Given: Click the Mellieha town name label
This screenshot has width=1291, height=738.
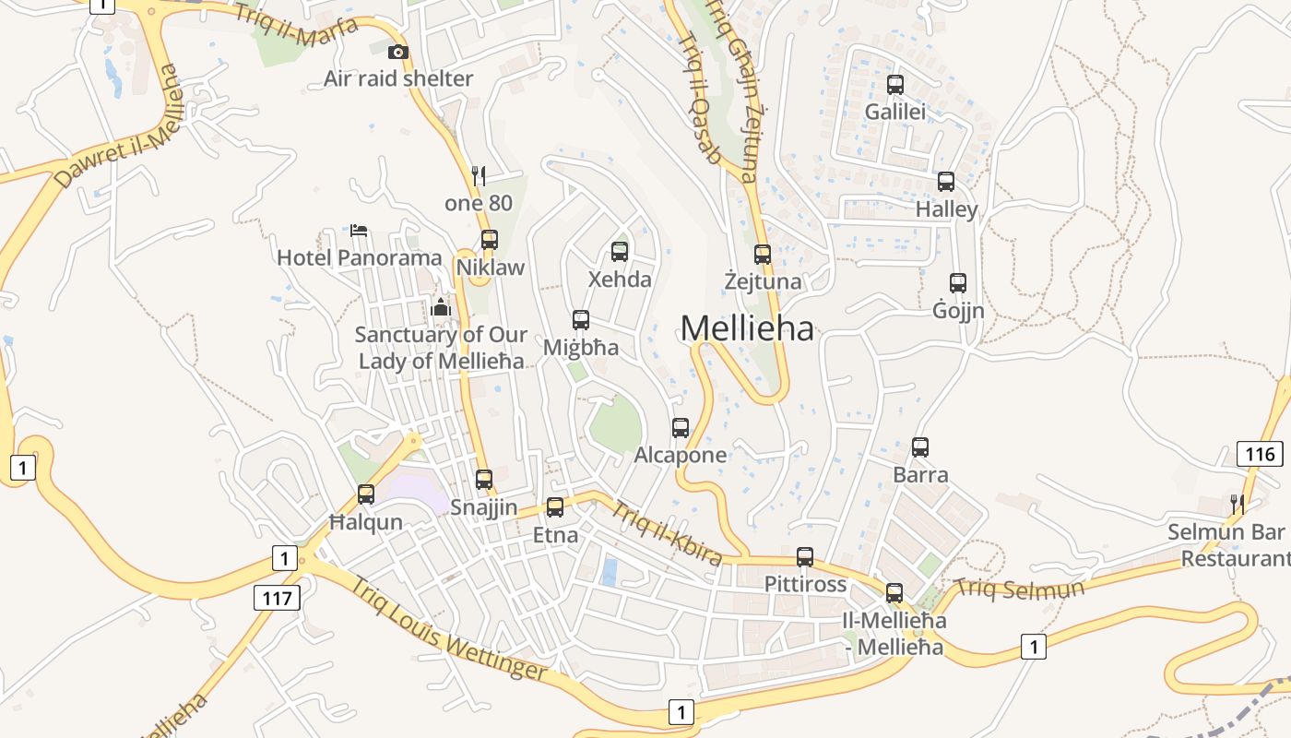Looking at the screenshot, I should coord(747,328).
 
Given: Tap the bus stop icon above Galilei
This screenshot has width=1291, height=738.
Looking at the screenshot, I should coord(894,85).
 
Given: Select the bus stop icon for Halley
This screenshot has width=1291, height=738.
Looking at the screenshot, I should coord(946,182).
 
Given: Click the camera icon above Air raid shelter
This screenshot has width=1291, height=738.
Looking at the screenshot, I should coord(398,52).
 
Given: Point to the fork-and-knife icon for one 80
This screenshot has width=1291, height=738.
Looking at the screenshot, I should coord(478,175).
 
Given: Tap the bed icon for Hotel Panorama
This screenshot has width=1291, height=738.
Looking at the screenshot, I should coord(359,230).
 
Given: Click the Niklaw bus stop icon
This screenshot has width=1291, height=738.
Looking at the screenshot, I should coord(489,240).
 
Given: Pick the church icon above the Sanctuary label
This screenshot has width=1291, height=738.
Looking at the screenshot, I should coord(441,307).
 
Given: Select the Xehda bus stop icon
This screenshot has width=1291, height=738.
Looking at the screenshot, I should coord(620,251).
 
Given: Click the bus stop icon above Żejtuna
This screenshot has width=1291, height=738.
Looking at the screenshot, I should coord(763,255).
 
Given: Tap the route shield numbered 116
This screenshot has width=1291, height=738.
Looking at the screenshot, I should coord(1260,454).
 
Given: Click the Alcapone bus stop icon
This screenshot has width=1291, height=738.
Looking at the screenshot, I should coord(681,428).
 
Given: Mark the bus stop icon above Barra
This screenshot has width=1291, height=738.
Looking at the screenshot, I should coord(920,447).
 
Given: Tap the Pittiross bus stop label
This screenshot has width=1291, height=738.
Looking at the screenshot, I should coord(805,584).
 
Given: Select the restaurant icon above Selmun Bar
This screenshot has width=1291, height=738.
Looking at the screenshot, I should coord(1238,504).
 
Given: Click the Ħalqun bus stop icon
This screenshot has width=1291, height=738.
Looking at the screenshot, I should coord(366,494).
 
